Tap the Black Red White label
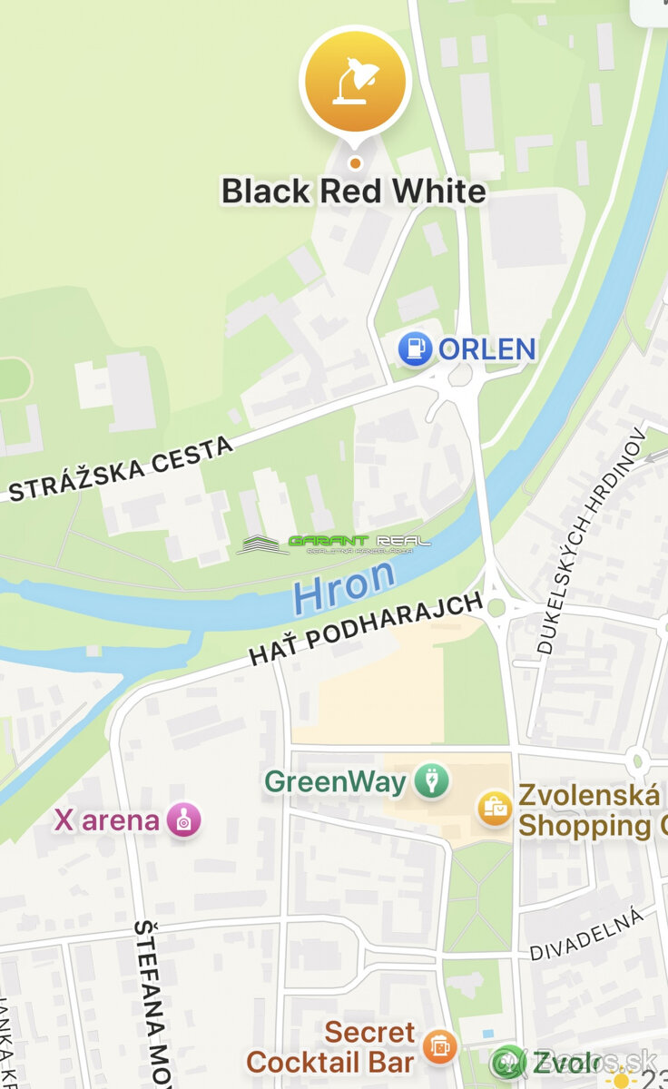(354, 191)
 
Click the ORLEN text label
(486, 349)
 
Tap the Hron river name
(345, 585)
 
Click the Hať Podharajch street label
(365, 629)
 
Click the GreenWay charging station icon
(431, 780)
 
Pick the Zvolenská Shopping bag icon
(495, 808)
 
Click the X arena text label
(106, 820)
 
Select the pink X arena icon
(184, 820)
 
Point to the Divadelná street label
(587, 935)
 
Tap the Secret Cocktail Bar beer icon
(439, 1046)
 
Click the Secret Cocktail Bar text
(332, 1046)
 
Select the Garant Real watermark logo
(332, 544)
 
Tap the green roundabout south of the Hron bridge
(496, 606)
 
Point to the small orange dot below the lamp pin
(355, 162)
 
